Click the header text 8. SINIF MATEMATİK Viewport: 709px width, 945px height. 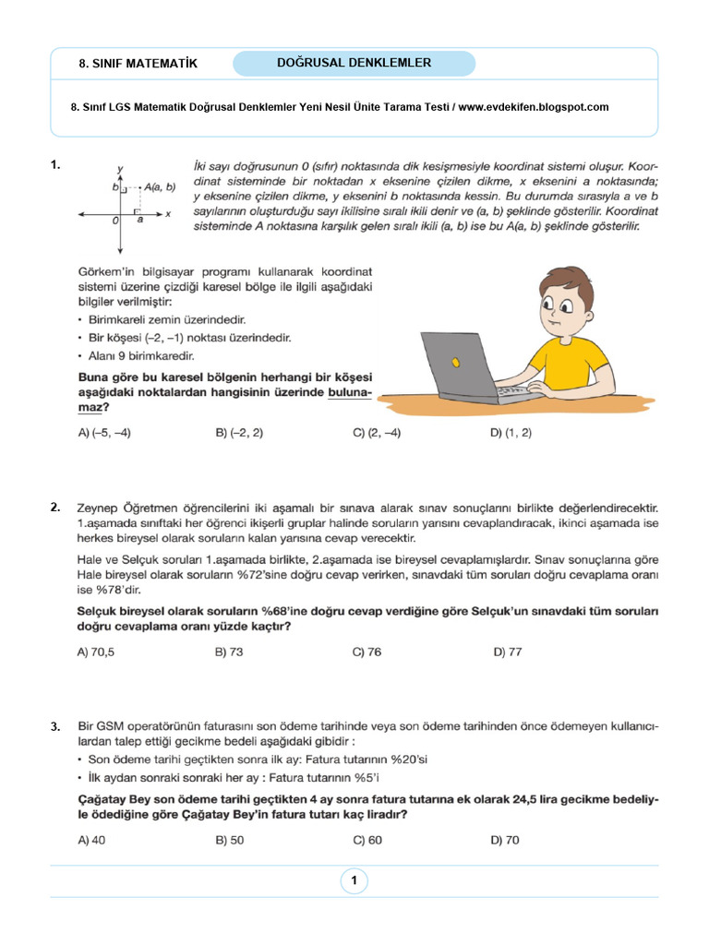[138, 64]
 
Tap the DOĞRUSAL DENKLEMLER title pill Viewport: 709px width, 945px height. [354, 63]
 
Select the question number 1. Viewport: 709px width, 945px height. [56, 165]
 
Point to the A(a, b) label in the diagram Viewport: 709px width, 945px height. [159, 186]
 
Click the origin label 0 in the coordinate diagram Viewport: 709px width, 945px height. [115, 221]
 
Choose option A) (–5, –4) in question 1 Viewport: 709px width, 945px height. [104, 433]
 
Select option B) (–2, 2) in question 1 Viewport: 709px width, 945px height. [239, 433]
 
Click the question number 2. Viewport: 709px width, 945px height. [56, 507]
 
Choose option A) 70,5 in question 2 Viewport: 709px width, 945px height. [96, 652]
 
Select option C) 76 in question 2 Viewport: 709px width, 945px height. [367, 652]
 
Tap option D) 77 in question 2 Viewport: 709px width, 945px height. [507, 652]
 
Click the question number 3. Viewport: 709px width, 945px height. [56, 727]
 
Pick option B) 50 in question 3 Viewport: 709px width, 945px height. [229, 840]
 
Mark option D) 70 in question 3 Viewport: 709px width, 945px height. [506, 840]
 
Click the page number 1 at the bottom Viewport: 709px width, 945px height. [354, 880]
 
